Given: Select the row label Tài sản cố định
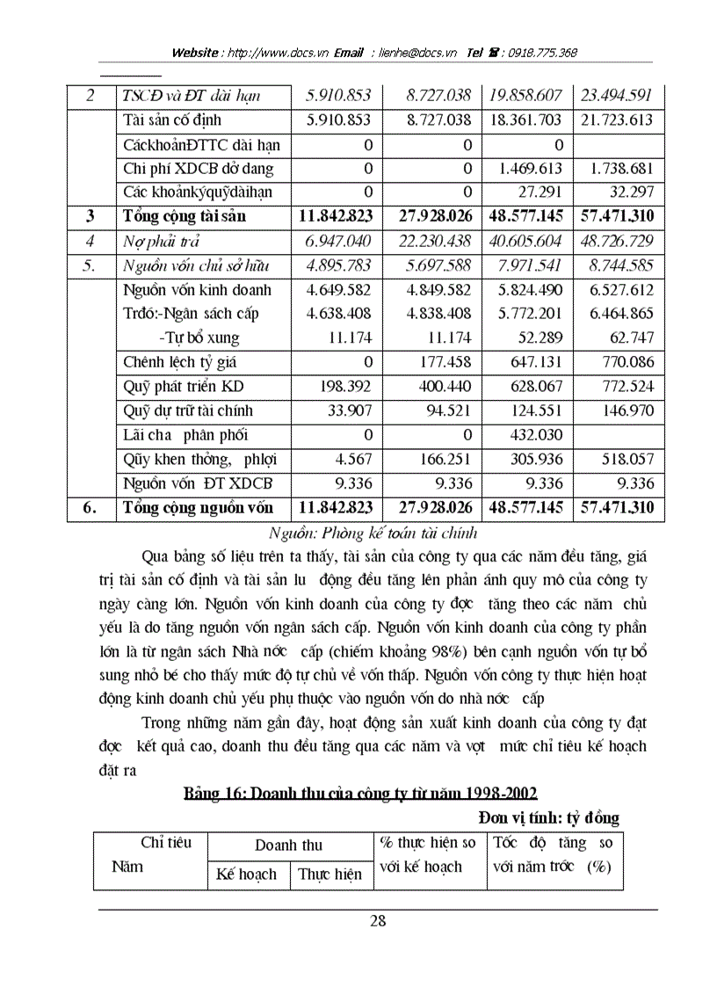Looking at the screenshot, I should coord(172,120).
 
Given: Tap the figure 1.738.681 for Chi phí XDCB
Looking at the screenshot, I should coord(614,169).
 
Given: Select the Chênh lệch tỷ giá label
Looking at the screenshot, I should coord(179,361).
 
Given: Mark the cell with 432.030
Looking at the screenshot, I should coord(535,434).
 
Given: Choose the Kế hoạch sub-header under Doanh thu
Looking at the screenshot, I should coord(246,875).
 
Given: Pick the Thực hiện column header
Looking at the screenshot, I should coord(330,875).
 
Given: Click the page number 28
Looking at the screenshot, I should coord(378,921).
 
